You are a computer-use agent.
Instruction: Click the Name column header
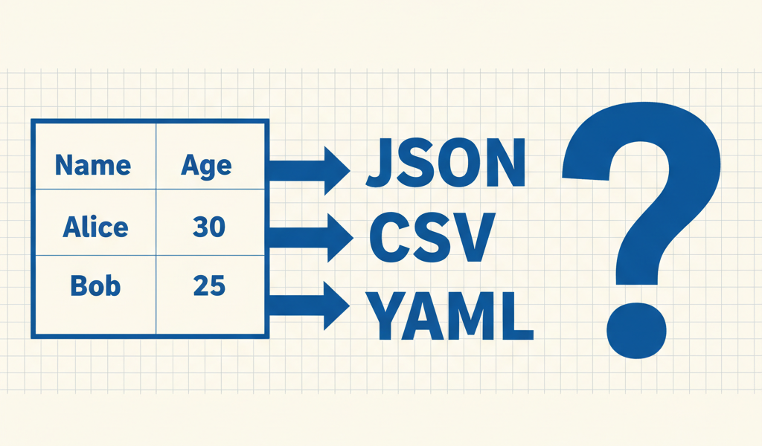[93, 165]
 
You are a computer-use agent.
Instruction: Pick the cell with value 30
[209, 227]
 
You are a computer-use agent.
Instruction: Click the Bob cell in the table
[95, 285]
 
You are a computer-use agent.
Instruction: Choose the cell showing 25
[209, 285]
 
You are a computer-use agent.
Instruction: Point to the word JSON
[446, 163]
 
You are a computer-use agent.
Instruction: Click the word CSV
[432, 238]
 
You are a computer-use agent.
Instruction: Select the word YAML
[449, 315]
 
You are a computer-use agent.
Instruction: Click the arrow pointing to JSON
[309, 170]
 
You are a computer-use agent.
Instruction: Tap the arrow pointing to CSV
[311, 238]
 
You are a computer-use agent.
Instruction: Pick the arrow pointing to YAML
[309, 306]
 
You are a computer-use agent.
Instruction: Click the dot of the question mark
[636, 331]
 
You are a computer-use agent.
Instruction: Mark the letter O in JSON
[460, 163]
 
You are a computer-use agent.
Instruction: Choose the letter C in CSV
[388, 238]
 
